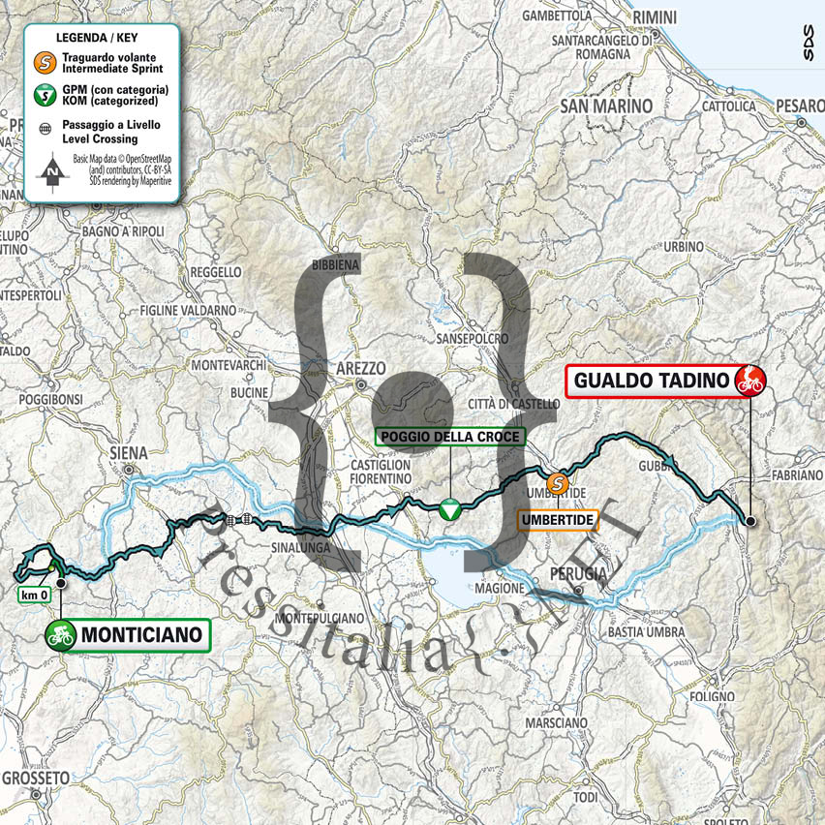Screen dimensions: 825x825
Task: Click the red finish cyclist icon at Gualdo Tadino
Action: click(749, 380)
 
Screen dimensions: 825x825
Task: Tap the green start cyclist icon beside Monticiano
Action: click(60, 635)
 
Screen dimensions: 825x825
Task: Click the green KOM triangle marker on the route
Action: click(449, 509)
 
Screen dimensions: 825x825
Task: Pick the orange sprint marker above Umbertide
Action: click(558, 482)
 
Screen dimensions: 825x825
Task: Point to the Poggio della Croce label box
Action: click(449, 437)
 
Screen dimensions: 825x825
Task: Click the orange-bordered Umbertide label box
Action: click(559, 520)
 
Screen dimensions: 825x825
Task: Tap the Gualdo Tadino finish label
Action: click(651, 381)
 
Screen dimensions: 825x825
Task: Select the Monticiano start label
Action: click(141, 635)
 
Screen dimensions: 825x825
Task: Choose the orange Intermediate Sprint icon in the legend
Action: click(44, 63)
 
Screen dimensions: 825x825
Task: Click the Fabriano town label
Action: click(791, 476)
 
